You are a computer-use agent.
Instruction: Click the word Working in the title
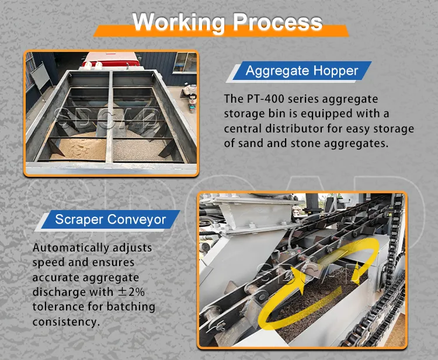(x=179, y=22)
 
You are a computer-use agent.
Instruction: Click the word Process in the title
(x=277, y=22)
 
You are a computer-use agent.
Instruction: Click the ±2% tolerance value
(x=131, y=292)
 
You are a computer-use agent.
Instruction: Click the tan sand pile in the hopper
(x=79, y=148)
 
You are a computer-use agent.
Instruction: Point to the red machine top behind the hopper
(x=111, y=59)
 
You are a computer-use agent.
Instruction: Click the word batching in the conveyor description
(x=131, y=307)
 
